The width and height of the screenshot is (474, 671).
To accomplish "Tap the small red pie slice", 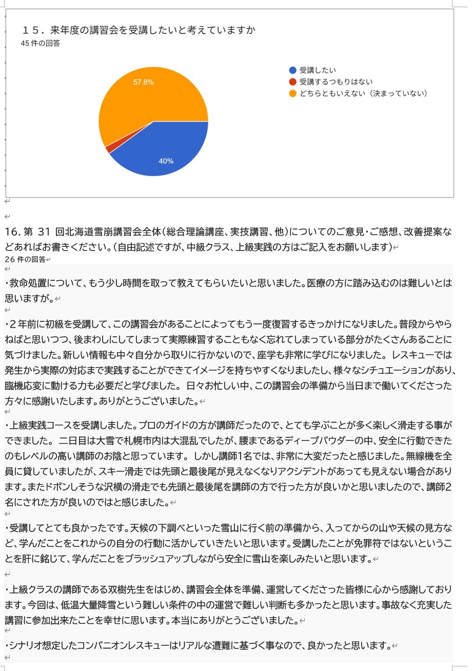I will pyautogui.click(x=109, y=149).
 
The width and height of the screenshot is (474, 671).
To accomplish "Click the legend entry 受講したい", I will pyautogui.click(x=318, y=70).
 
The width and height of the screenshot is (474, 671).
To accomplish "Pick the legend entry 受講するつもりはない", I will pyautogui.click(x=335, y=82).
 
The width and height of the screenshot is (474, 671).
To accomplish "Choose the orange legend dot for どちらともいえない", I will pyautogui.click(x=292, y=93).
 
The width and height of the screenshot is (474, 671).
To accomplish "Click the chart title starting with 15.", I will pyautogui.click(x=139, y=30).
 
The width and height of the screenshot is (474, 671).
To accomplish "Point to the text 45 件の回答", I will pyautogui.click(x=41, y=44).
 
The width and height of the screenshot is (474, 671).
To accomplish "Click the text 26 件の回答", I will pyautogui.click(x=25, y=259).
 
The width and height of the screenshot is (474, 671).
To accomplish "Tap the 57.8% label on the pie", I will pyautogui.click(x=144, y=82).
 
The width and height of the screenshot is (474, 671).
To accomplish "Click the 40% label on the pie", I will pyautogui.click(x=166, y=161).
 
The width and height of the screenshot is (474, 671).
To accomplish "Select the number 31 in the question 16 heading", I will pyautogui.click(x=45, y=232).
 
